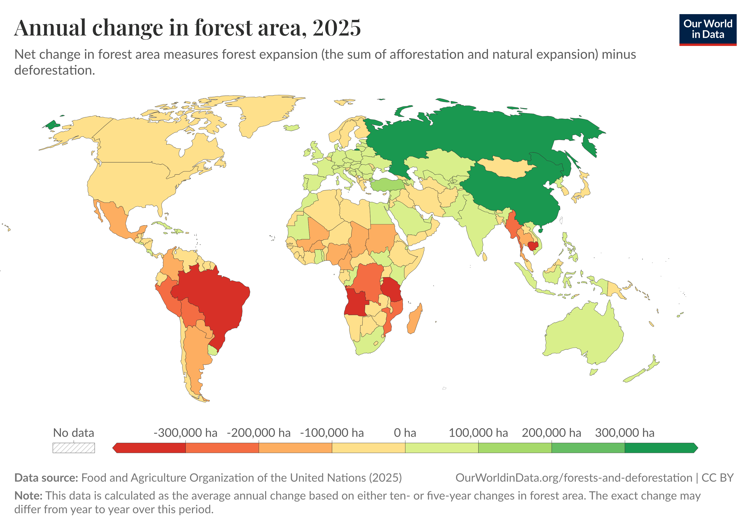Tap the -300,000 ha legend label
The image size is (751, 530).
pos(186,433)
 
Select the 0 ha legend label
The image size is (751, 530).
pos(405,433)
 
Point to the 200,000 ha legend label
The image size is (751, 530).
pos(552,433)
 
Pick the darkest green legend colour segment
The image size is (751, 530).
pos(659,448)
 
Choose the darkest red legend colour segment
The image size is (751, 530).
pos(150,448)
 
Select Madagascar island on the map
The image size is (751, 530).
pos(415,319)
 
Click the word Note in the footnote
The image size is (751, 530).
pos(28,496)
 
